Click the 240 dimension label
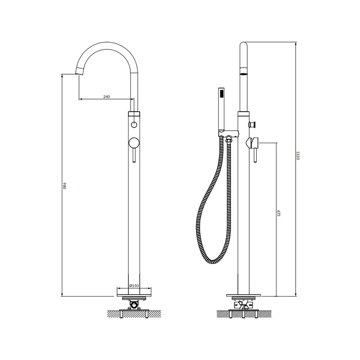point(107,96)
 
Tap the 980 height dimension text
point(64,185)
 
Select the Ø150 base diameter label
point(134,285)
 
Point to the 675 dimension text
point(279,213)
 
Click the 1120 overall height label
point(298,156)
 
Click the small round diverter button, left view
point(134,125)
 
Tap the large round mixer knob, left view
point(134,143)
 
